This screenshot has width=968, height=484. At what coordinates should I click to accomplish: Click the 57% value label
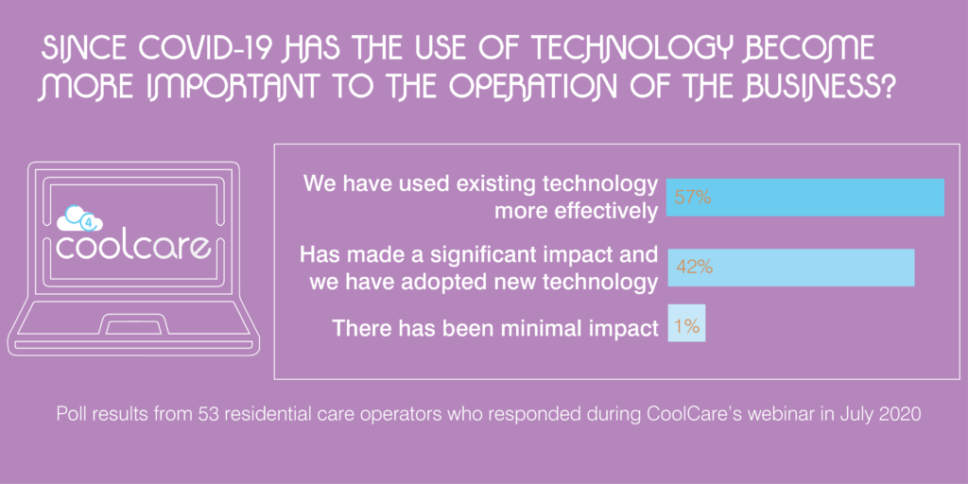tap(693, 199)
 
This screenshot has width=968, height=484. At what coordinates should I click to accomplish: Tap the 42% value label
tap(695, 268)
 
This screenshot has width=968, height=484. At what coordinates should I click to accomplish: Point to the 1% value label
tap(686, 326)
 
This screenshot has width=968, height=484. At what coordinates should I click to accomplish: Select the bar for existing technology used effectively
tap(805, 198)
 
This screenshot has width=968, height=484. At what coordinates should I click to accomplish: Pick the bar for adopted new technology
tap(790, 268)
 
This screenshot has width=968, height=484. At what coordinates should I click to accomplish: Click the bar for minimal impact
tap(686, 323)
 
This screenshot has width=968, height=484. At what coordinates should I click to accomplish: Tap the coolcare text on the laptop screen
tap(133, 247)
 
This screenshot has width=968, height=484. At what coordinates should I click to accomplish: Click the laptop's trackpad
tap(134, 325)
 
